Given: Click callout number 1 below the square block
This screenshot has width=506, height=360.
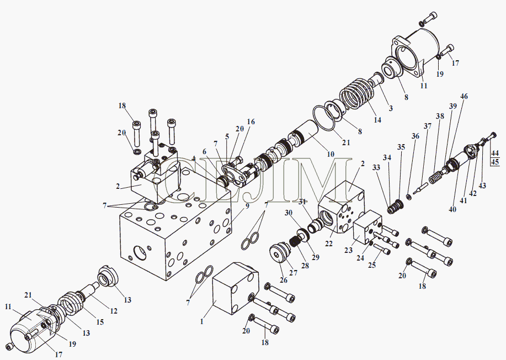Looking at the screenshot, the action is [202, 321].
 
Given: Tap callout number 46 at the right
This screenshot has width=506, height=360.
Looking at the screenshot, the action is [464, 96].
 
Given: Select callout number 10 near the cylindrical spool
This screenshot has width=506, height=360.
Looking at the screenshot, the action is [331, 154].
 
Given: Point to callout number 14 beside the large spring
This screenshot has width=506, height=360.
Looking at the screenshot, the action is [377, 120].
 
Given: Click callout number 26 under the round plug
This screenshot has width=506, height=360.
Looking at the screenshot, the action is [283, 280].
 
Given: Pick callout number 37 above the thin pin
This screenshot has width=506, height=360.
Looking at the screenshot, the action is [428, 126].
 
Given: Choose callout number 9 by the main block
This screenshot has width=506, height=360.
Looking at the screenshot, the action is [247, 205].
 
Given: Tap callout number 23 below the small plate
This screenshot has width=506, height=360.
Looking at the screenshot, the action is [348, 250].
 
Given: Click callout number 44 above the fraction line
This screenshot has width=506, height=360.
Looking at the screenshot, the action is [495, 153].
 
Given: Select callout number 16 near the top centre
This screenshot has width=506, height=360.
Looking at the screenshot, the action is [251, 121].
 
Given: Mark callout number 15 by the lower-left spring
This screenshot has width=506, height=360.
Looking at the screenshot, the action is [100, 322].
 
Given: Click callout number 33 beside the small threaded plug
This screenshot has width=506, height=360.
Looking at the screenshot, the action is [376, 167].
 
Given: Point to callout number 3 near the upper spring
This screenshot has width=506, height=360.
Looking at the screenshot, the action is [391, 108].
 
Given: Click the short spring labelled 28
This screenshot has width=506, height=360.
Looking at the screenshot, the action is [295, 241].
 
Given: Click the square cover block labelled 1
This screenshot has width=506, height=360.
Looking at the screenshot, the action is [236, 289].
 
